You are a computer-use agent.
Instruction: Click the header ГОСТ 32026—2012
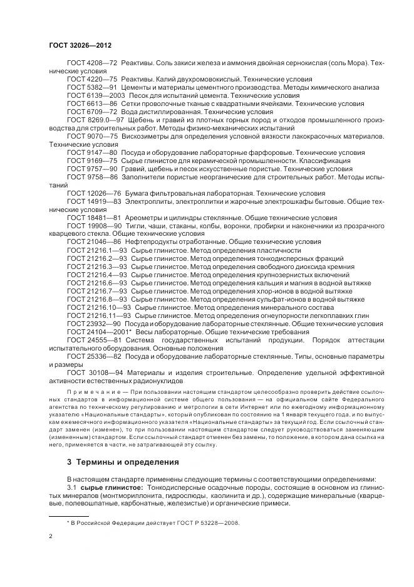(80, 46)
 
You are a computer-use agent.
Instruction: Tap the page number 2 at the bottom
(51, 537)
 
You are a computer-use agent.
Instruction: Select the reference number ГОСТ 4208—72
(92, 65)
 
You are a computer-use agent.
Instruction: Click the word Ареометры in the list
(143, 217)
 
